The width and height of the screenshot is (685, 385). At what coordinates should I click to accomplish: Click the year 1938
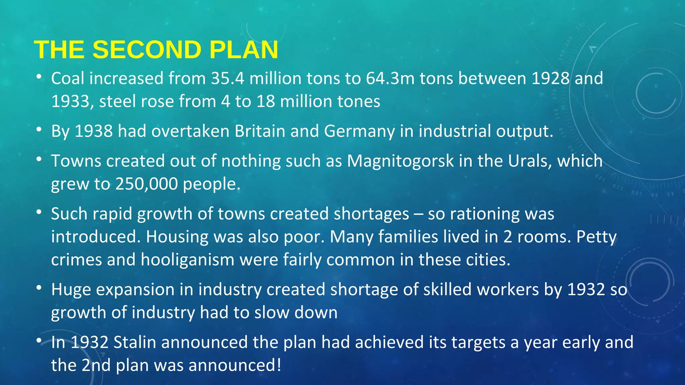(x=94, y=131)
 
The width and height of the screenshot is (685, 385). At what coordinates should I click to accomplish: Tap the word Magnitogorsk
(x=400, y=161)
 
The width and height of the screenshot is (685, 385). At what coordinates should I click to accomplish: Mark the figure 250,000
(x=146, y=184)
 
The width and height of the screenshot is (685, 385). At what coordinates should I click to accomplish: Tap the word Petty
(x=596, y=237)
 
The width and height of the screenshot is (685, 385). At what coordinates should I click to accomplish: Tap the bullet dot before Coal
(x=39, y=77)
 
